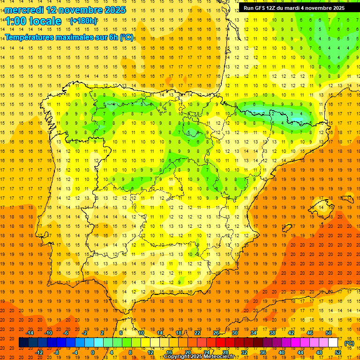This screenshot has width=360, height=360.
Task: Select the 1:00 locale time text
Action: coord(33,21)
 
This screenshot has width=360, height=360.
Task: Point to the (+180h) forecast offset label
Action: coord(83,21)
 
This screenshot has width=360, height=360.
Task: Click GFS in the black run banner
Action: coord(261,8)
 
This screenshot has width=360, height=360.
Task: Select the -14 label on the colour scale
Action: coord(30,333)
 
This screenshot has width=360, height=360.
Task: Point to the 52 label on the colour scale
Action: coord(338,352)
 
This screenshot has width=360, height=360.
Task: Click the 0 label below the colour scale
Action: coord(93,352)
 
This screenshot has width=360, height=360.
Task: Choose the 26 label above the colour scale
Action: coord(216,333)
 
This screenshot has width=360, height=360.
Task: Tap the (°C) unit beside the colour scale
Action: coord(349,343)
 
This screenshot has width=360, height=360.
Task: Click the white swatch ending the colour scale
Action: coord(333,343)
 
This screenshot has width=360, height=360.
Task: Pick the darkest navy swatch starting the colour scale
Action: coord(23,343)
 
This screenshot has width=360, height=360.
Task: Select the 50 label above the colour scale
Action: coord(328,333)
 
